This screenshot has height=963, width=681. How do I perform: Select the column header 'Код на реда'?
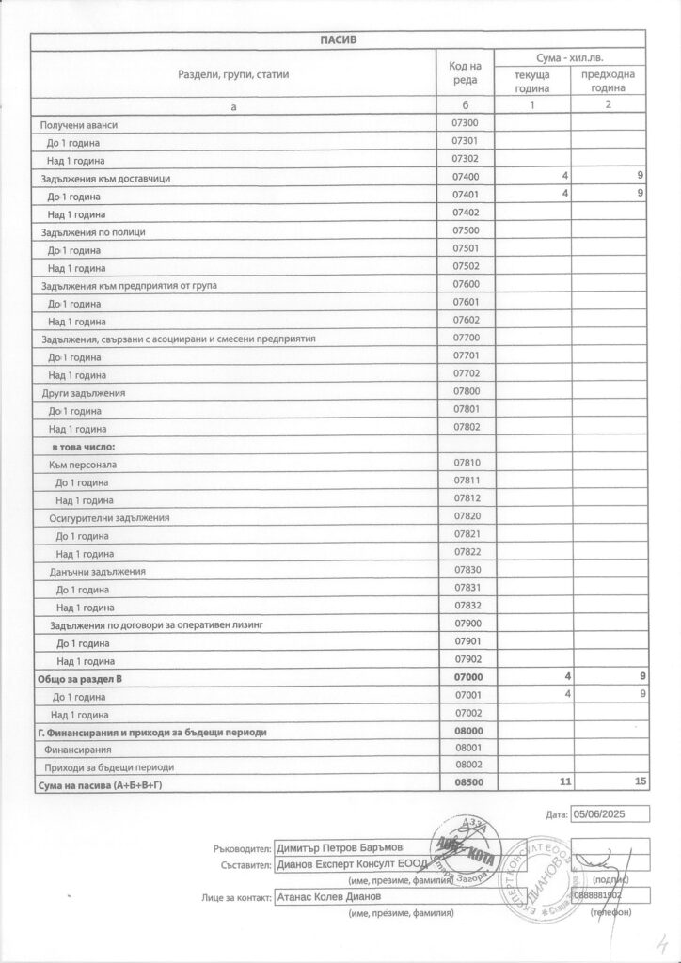coord(467,72)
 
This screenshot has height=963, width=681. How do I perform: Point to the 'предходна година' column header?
coord(609,81)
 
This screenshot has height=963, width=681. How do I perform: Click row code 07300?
coord(467,124)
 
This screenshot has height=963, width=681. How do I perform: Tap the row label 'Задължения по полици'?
coord(94,231)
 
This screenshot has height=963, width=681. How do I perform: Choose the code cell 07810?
coord(467,464)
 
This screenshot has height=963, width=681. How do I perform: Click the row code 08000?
coord(467,732)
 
